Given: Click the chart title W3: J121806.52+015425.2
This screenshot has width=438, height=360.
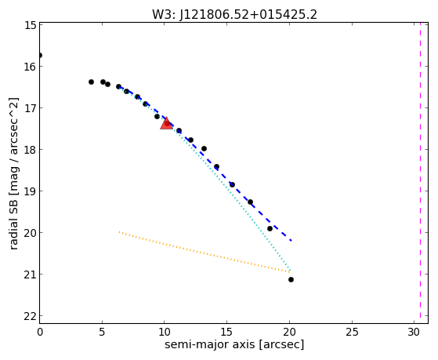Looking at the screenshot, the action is point(234,14).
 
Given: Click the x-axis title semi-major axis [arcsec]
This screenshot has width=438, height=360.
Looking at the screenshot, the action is point(234,344).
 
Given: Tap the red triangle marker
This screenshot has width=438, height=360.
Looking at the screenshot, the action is point(166,123).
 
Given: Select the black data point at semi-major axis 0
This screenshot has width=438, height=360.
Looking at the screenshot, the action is point(40,56).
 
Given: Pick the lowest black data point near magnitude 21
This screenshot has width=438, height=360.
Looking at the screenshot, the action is point(291,279).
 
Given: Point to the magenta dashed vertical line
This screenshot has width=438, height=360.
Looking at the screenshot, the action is point(420,173).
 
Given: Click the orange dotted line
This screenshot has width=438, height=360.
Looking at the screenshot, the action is point(205,252).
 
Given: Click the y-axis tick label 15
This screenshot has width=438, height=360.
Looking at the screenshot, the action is point(31,25).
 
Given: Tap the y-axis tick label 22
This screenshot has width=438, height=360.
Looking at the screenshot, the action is point(31,316).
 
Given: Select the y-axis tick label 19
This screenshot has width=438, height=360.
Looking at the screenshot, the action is point(31,191).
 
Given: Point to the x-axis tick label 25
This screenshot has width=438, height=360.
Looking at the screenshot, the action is point(352,332).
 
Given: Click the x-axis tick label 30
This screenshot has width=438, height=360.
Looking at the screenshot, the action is point(414,332).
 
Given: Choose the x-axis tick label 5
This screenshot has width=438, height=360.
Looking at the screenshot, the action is point(102,332).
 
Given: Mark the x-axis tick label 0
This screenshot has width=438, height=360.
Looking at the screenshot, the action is point(40,332).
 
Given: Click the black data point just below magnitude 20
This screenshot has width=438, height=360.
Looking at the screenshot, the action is point(270,228).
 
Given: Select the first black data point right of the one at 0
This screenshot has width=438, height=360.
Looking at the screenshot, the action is point(91,82).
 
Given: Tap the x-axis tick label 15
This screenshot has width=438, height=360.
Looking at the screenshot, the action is point(226,332).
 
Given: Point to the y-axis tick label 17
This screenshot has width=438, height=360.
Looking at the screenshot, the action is point(31,108).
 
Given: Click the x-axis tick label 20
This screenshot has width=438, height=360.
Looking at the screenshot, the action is point(290,332).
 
